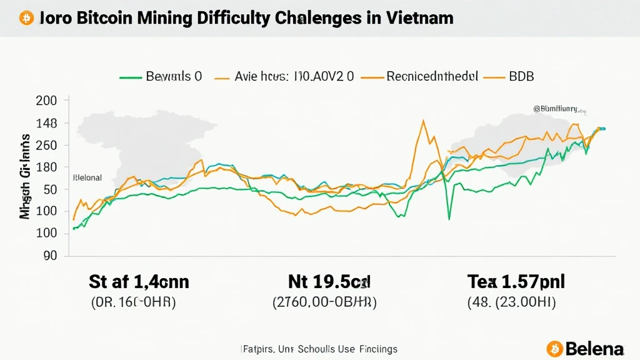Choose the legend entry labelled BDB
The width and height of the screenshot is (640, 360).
tap(521, 77)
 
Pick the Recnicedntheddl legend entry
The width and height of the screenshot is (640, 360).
tap(432, 77)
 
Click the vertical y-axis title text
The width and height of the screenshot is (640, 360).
tap(25, 176)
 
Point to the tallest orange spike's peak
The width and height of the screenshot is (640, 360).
tap(424, 121)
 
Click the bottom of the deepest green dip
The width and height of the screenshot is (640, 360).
tap(449, 219)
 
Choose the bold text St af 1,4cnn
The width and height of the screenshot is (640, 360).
tap(139, 282)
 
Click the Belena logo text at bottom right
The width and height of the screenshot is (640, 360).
tap(594, 348)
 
